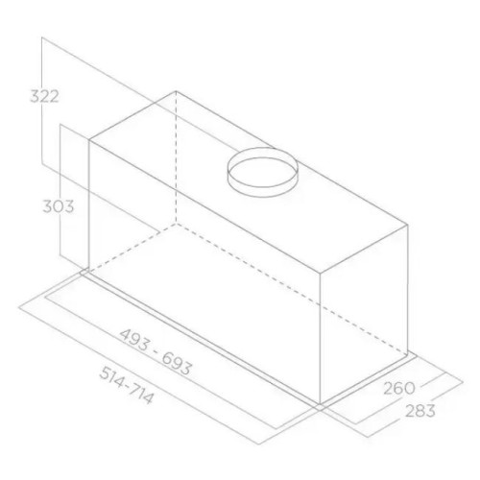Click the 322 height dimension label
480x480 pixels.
(44, 96)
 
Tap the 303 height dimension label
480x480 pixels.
(59, 206)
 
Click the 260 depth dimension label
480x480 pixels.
(399, 388)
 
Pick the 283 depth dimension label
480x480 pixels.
(420, 411)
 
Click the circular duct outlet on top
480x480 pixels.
(263, 172)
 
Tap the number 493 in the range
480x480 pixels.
(134, 341)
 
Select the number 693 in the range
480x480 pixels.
(177, 363)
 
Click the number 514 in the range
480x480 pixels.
(110, 375)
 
